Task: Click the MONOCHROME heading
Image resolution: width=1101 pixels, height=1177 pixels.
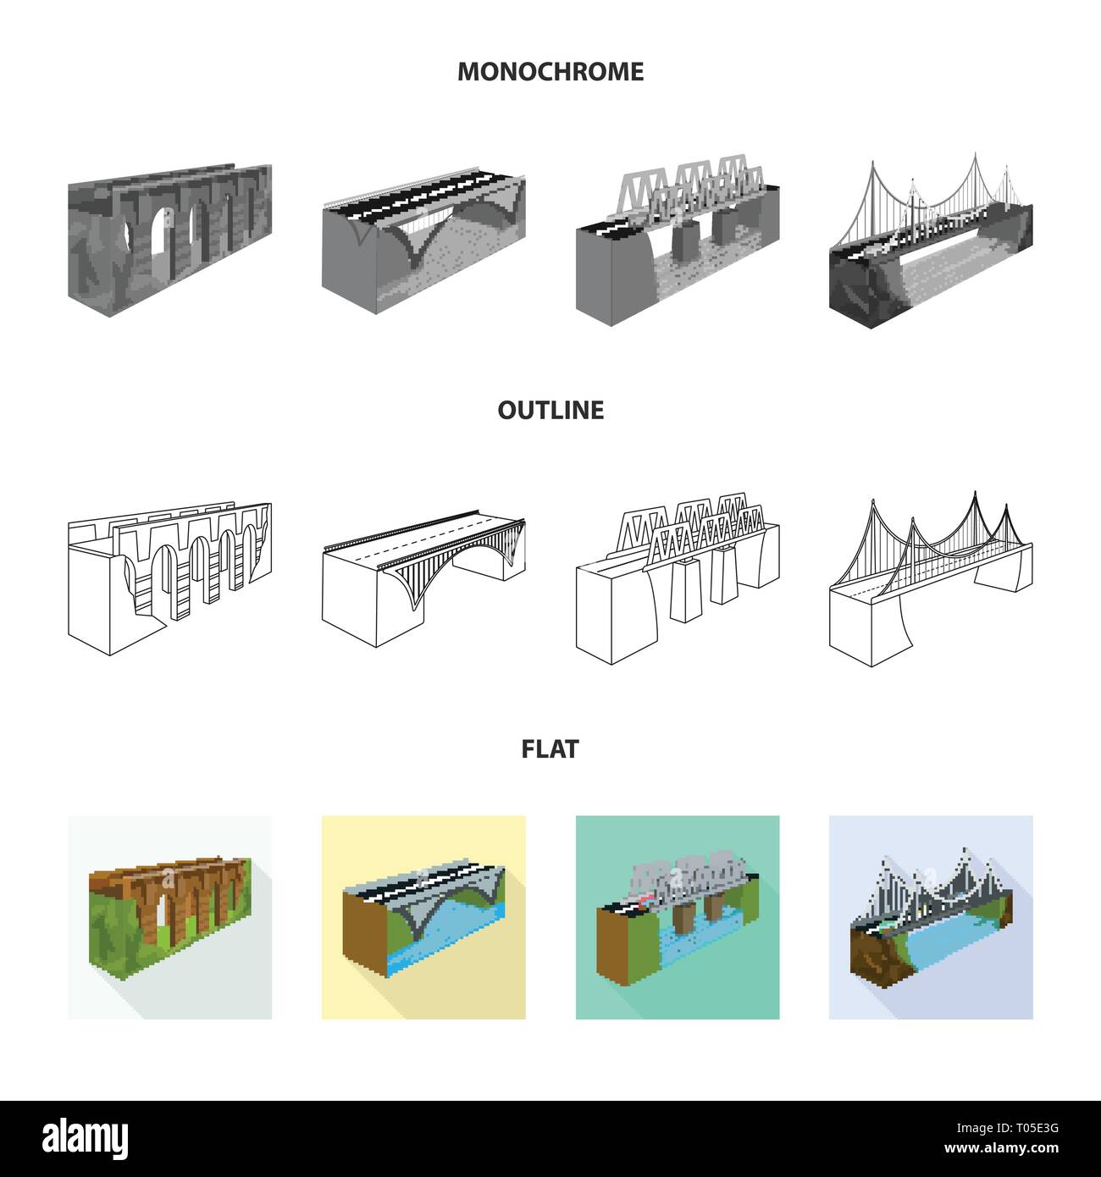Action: [x=550, y=72]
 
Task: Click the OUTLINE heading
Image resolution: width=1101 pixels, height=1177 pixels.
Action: [x=550, y=410]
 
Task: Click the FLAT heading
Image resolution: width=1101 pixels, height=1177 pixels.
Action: [x=550, y=749]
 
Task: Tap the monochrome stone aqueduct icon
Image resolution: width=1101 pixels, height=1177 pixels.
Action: [x=170, y=240]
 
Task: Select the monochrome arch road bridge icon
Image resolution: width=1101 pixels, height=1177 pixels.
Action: [x=423, y=240]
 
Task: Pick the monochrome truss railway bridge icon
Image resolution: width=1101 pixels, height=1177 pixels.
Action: [x=678, y=240]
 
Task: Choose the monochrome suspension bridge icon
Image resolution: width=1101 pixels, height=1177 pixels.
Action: [x=931, y=240]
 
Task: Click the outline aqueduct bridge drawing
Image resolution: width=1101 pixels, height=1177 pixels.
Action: [x=170, y=579]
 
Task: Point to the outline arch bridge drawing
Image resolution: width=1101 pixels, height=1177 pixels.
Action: [x=423, y=579]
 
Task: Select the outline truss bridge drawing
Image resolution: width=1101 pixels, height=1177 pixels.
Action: [x=678, y=579]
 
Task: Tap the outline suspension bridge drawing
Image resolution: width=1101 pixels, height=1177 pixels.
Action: [x=931, y=579]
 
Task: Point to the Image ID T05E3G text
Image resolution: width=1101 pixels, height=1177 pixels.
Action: [x=1007, y=1128]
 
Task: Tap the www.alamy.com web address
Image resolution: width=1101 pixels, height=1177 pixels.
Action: [x=1001, y=1148]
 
